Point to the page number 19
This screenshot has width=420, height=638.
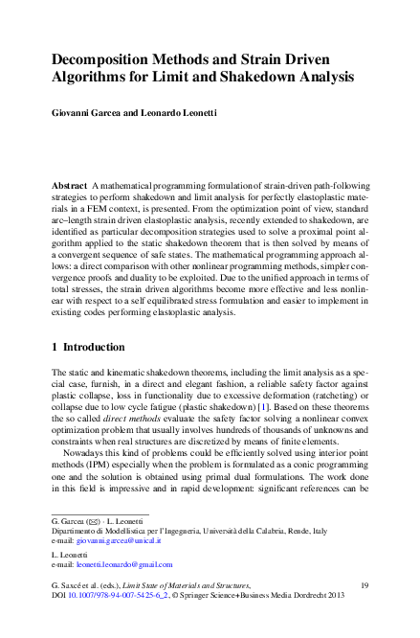pyautogui.click(x=364, y=584)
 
